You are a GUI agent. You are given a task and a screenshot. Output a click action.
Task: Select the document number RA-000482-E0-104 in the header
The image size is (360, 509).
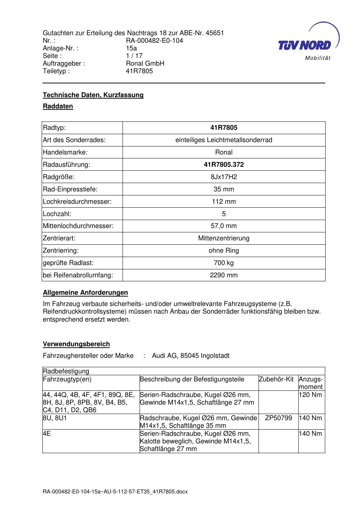click(x=154, y=41)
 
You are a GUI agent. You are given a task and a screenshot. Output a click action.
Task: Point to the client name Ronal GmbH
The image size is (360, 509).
click(x=145, y=63)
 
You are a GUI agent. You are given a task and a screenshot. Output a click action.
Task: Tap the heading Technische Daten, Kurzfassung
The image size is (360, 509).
click(x=93, y=95)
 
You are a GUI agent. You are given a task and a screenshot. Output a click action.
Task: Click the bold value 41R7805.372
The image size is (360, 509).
click(x=224, y=165)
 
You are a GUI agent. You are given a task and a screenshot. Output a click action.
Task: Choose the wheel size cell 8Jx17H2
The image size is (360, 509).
click(x=224, y=177)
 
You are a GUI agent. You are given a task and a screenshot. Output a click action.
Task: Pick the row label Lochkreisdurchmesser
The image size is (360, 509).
click(x=77, y=202)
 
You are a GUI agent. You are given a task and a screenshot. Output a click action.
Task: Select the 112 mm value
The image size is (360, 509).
click(x=224, y=202)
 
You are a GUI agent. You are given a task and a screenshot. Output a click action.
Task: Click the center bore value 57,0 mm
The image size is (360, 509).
click(x=224, y=226)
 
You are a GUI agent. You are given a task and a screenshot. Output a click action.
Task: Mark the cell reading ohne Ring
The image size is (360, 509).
click(x=224, y=251)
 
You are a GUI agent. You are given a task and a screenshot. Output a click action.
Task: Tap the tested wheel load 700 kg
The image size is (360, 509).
click(x=224, y=263)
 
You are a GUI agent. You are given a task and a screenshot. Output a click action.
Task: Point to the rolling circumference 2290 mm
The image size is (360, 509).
click(x=224, y=275)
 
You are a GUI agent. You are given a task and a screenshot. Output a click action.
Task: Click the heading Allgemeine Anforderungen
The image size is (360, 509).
click(x=85, y=293)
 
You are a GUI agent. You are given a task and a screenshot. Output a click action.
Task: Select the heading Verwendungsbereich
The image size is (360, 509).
click(x=76, y=344)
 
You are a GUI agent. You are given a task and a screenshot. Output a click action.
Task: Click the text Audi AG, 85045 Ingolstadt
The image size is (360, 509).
click(x=191, y=356)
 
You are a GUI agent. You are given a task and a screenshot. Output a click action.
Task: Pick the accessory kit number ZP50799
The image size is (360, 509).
click(x=278, y=418)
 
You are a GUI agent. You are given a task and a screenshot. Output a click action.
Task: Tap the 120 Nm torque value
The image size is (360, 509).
click(x=310, y=395)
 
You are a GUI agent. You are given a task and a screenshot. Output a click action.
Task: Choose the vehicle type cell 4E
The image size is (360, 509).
click(x=47, y=434)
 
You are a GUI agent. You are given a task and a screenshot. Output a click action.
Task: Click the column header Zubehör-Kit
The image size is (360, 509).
click(x=276, y=379)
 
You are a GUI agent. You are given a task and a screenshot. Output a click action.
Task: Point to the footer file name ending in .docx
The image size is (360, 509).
click(x=115, y=492)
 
